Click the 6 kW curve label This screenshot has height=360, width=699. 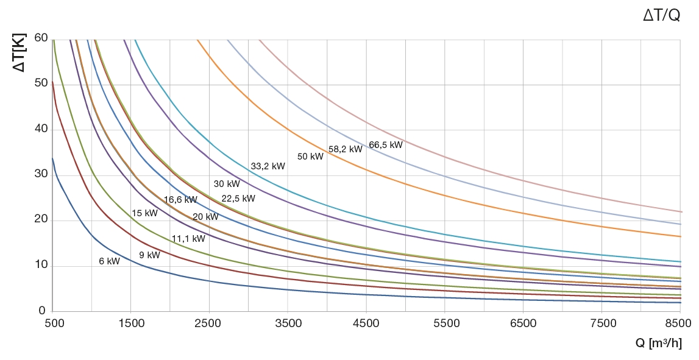coord(109,261)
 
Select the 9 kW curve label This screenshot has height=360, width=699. coord(149,255)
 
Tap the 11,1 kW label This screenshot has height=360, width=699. coord(188,239)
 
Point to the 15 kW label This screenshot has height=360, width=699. coord(144,213)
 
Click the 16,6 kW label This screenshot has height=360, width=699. coord(180,200)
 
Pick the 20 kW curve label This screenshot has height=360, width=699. coord(205,217)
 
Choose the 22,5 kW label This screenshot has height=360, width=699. coord(238,199)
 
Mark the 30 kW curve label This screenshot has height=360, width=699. coord(227,184)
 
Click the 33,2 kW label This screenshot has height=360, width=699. coord(268,166)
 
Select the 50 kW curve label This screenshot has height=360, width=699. coord(310,157)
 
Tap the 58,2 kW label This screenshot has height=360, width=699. coord(346,149)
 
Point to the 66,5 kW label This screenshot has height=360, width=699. coord(386,145)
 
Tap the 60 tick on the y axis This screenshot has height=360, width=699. coord(41,38)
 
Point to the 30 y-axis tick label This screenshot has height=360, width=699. coord(41,174)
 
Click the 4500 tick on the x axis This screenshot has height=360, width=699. coord(366,323)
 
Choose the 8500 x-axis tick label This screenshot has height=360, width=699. coord(680,323)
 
